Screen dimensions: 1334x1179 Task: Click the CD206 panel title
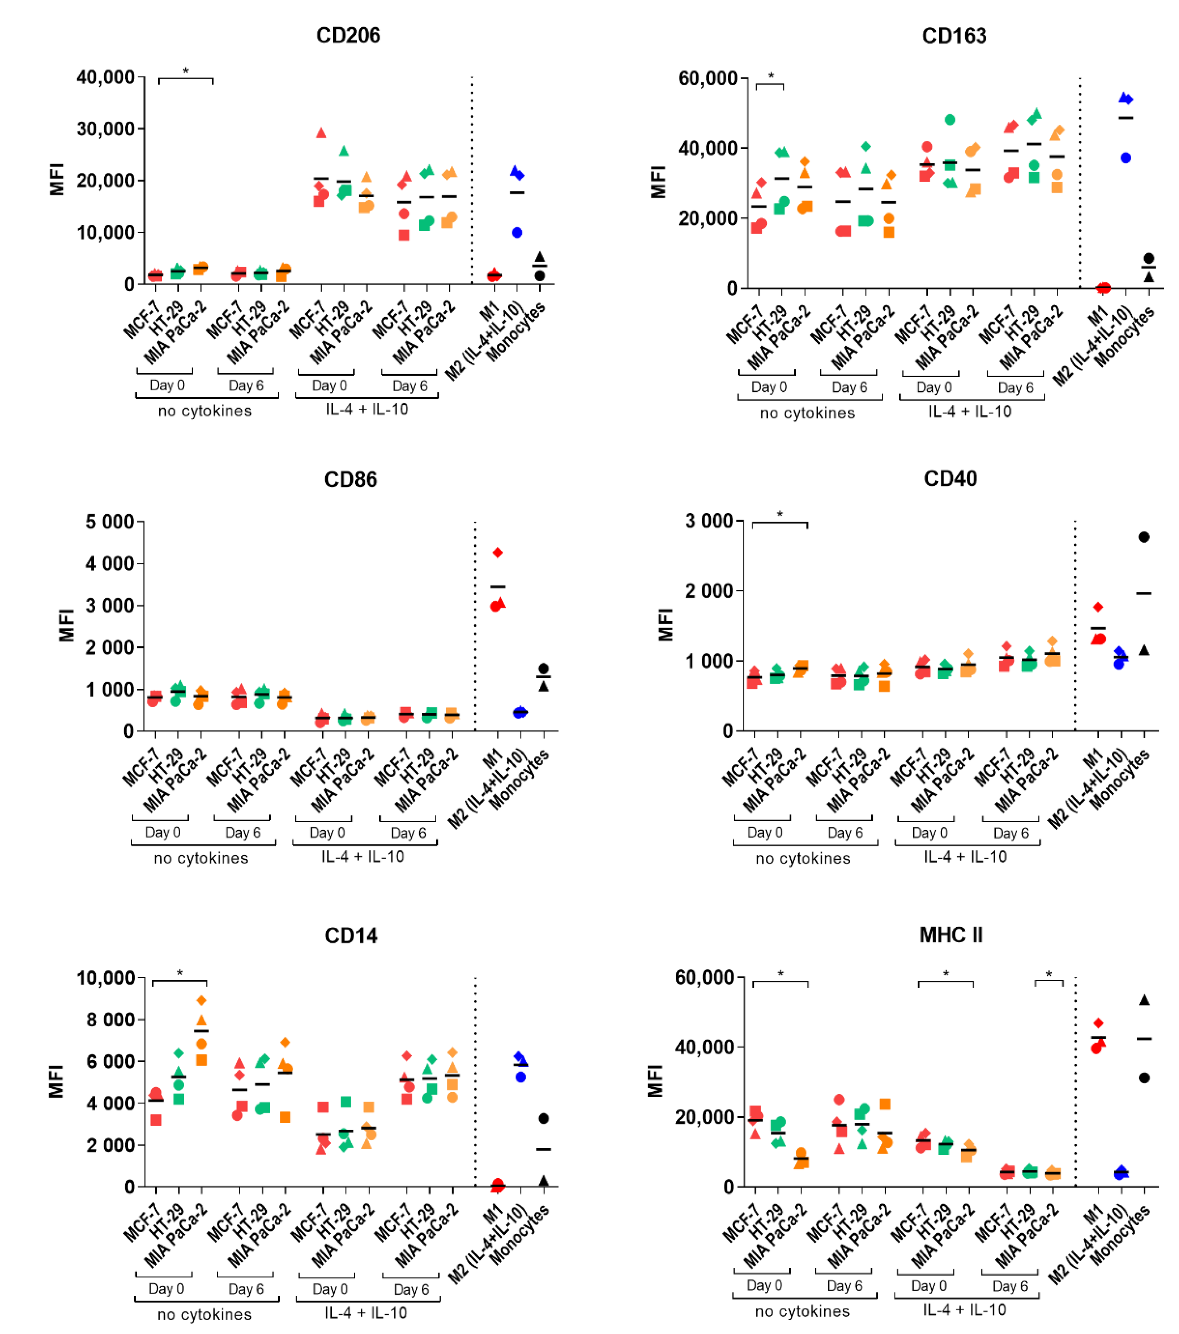[x=348, y=35]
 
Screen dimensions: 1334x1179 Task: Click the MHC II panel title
[x=951, y=935]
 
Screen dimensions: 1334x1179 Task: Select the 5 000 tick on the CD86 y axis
[x=110, y=522]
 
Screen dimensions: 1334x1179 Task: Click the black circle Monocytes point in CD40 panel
[x=1144, y=537]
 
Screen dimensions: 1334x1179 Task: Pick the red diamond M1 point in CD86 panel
[x=498, y=553]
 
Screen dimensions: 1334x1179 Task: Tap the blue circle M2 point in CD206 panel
[x=517, y=232]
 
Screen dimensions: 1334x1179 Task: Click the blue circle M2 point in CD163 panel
[x=1126, y=158]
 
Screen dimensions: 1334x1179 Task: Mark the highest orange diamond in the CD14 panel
[x=202, y=1000]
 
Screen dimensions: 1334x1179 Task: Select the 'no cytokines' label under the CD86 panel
[x=201, y=858]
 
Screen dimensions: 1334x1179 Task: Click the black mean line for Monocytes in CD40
[x=1144, y=593]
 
